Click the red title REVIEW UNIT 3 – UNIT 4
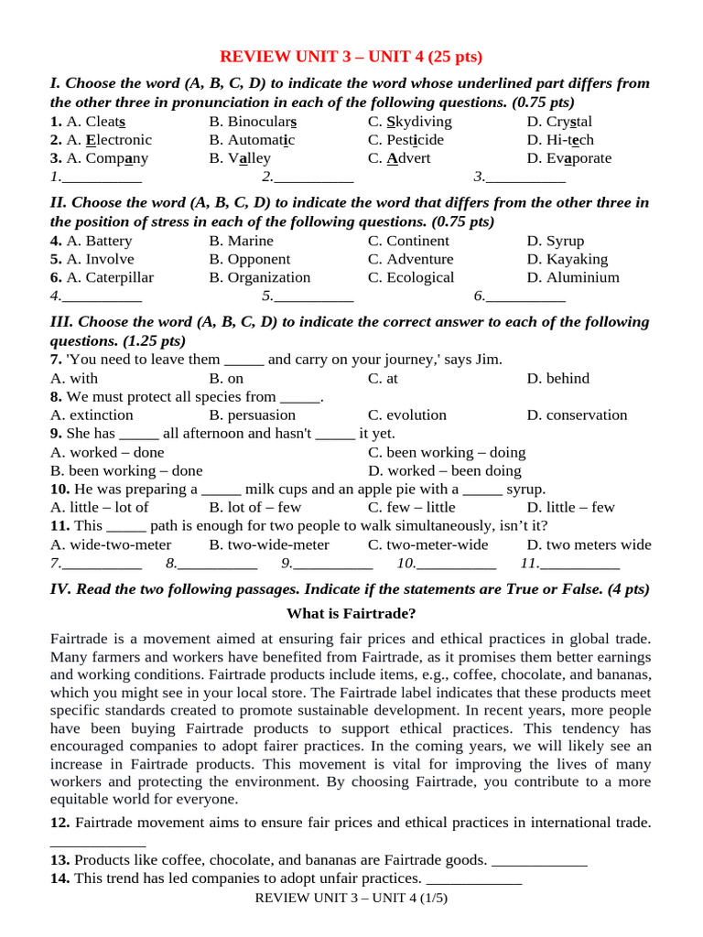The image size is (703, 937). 351,57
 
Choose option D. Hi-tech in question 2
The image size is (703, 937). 559,140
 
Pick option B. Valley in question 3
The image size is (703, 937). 240,158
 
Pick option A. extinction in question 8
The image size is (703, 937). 92,415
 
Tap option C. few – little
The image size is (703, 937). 411,507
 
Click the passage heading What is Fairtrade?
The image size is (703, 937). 351,613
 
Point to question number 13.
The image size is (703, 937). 59,860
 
